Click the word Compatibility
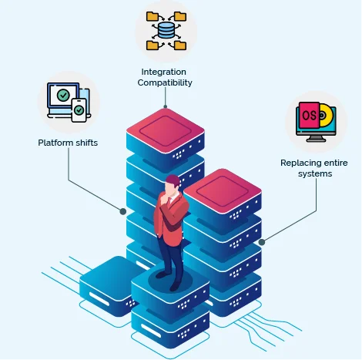pyautogui.click(x=166, y=82)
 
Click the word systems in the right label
pyautogui.click(x=316, y=173)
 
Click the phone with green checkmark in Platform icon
pyautogui.click(x=79, y=110)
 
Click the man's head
pyautogui.click(x=173, y=185)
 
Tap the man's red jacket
pyautogui.click(x=167, y=219)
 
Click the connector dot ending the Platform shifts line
pyautogui.click(x=122, y=210)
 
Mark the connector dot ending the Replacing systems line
pyautogui.click(x=262, y=242)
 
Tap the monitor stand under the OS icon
pyautogui.click(x=317, y=139)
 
